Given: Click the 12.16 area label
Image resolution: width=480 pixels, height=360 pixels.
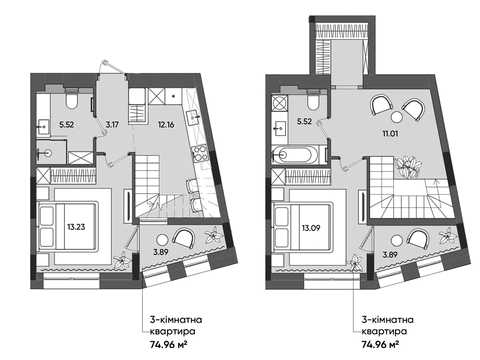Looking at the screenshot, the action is (x=166, y=125).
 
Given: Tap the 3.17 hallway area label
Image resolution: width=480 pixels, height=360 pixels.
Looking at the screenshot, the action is (x=112, y=125).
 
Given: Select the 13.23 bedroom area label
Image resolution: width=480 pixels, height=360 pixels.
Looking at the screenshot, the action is (x=76, y=227).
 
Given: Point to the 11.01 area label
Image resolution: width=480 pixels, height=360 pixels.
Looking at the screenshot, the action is (x=390, y=133).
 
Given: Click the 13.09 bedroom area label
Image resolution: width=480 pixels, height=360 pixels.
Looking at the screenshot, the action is (x=311, y=228).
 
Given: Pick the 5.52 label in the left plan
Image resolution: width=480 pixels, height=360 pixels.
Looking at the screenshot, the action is (x=66, y=125).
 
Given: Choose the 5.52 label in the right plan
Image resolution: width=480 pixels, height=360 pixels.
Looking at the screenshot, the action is (x=304, y=121).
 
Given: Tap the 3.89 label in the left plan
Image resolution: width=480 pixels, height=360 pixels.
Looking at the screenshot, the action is (x=161, y=252).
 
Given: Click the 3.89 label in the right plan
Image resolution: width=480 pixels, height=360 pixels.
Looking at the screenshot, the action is (x=390, y=255).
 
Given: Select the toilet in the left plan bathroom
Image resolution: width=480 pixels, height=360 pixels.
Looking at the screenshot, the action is (x=72, y=99).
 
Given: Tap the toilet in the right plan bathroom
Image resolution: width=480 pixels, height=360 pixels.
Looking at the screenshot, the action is (x=313, y=100).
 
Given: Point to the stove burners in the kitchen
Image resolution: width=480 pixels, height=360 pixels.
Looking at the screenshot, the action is (x=200, y=153).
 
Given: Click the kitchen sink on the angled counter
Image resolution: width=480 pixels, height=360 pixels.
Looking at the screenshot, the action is (x=194, y=117).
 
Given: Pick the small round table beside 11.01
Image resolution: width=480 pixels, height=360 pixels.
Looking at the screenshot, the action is (x=397, y=117).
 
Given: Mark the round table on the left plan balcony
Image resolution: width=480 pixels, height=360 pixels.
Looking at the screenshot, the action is (x=162, y=240).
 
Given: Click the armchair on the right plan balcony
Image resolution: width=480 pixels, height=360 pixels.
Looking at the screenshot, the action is (x=417, y=239).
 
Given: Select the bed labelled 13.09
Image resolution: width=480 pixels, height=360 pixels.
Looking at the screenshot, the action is (x=302, y=227).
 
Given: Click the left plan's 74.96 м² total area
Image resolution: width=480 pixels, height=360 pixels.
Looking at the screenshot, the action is (x=168, y=344).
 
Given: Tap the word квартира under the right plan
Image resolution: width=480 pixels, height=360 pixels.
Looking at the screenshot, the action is (x=384, y=331).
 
